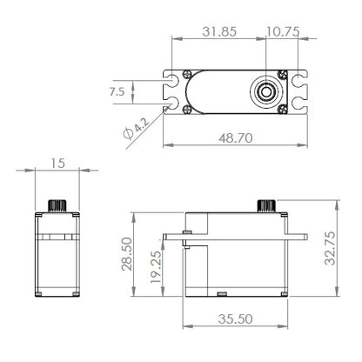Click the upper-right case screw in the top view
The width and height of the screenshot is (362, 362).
[281, 73]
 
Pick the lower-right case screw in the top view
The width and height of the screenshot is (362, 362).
[281, 109]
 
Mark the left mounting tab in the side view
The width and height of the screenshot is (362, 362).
[173, 235]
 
